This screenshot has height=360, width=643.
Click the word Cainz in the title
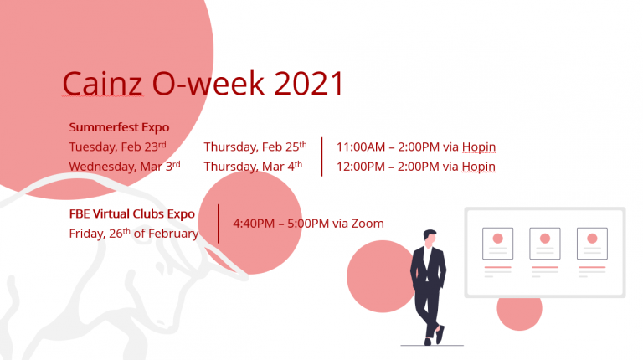tap(102, 83)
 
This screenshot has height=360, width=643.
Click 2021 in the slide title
tap(308, 83)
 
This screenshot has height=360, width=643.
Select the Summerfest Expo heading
tap(119, 127)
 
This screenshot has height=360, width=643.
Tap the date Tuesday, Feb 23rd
tap(117, 147)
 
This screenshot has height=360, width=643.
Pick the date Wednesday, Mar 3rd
tap(125, 166)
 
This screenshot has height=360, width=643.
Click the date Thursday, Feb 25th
tap(255, 147)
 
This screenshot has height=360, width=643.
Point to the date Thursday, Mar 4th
tap(253, 166)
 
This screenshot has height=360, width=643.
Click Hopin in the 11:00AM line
tap(479, 147)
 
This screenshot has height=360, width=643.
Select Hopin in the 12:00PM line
tap(479, 167)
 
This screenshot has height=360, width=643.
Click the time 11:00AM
tap(361, 147)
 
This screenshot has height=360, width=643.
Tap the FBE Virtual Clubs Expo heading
tap(131, 214)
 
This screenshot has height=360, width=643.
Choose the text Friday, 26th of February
tap(134, 234)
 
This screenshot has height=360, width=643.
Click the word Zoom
tap(368, 224)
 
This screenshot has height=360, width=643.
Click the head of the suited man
tap(430, 239)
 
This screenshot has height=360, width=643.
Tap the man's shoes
tap(434, 336)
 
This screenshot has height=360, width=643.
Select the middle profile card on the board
tap(544, 244)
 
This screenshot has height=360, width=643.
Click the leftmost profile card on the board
tap(497, 244)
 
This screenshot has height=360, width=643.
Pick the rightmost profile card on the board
tap(592, 244)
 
